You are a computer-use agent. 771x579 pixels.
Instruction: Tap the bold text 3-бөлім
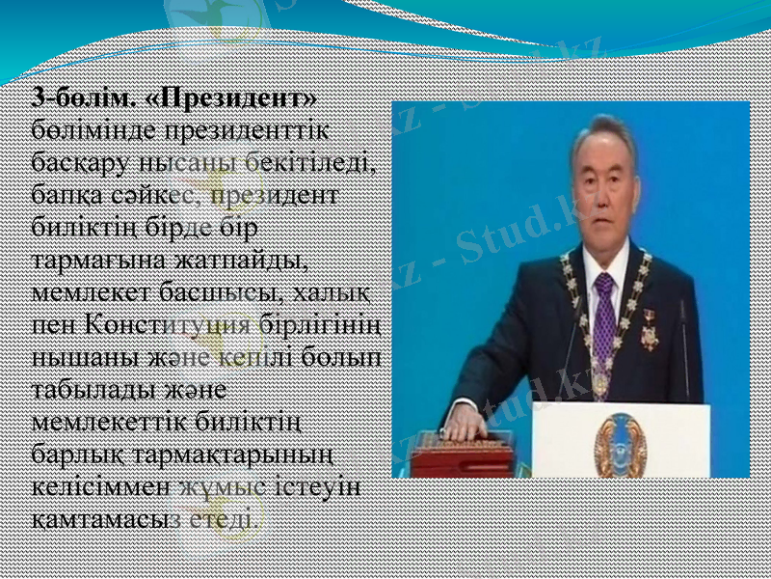pos(83,99)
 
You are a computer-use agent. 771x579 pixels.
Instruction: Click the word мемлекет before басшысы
pos(81,289)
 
